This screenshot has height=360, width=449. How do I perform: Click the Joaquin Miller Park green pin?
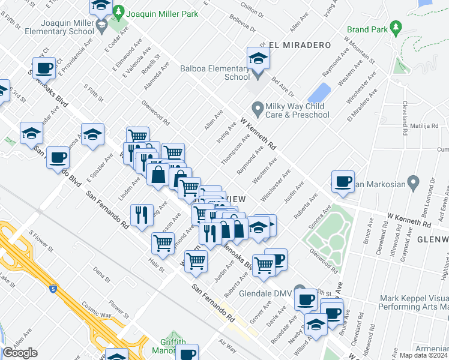[119, 11]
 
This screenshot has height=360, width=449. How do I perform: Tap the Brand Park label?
[366, 29]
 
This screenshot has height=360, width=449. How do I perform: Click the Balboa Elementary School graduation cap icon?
[258, 58]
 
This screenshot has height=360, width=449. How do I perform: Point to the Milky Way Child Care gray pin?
[258, 110]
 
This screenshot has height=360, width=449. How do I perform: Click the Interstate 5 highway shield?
[53, 271]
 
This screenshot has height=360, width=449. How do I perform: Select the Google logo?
[20, 353]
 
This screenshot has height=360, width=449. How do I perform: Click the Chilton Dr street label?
[252, 9]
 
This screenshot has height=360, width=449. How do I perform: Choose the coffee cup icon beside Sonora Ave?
[343, 182]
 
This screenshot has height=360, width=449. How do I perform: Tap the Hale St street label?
[155, 262]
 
